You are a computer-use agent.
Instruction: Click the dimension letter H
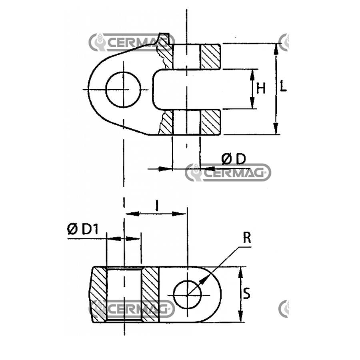point(261,89)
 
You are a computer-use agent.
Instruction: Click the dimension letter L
point(283,87)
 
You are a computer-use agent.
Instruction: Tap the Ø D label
point(234,159)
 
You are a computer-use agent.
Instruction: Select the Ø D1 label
point(83,229)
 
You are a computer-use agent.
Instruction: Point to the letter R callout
point(247,238)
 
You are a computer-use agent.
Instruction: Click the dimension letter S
point(246,294)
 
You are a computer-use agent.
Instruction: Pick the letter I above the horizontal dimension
point(157,206)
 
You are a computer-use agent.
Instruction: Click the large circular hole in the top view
point(123,90)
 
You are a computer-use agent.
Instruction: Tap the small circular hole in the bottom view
point(187,294)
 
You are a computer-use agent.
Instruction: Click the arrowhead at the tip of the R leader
point(202,280)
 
